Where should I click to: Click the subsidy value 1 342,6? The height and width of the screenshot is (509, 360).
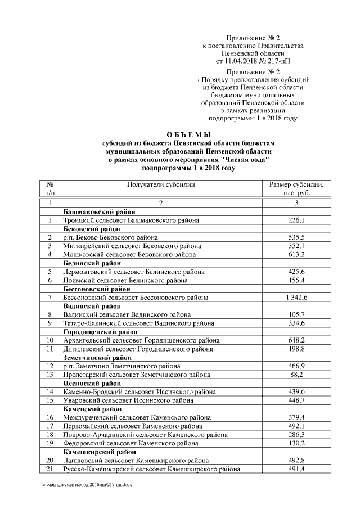point(296,297)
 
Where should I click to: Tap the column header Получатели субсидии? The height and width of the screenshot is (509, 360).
point(161,184)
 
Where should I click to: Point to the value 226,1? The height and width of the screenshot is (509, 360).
point(296,220)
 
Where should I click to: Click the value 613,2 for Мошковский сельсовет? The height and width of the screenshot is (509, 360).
point(296,255)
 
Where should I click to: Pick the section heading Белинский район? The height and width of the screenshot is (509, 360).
point(92,263)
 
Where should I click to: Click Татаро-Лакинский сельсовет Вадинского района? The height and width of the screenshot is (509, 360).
point(138,323)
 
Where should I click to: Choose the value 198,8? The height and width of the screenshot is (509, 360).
point(296,349)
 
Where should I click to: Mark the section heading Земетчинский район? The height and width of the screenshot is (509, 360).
point(98,357)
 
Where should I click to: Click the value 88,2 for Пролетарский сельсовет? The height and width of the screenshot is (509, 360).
point(296,374)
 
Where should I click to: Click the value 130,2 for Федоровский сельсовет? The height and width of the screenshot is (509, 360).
point(296,443)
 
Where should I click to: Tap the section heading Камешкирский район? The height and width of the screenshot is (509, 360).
point(100,451)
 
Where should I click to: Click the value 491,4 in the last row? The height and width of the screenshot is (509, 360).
point(296,469)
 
